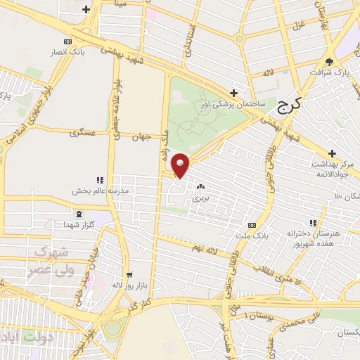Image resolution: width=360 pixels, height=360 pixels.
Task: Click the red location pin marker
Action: pyautogui.click(x=181, y=165)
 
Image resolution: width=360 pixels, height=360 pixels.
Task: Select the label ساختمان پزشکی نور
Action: pyautogui.click(x=234, y=103)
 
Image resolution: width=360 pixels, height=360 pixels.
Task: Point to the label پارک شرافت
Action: pyautogui.click(x=331, y=72)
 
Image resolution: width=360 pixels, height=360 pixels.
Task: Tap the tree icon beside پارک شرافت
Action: pyautogui.click(x=331, y=63)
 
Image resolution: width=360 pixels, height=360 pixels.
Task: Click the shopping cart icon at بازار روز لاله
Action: pyautogui.click(x=128, y=275)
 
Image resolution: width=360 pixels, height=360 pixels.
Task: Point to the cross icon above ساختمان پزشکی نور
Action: pyautogui.click(x=234, y=93)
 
